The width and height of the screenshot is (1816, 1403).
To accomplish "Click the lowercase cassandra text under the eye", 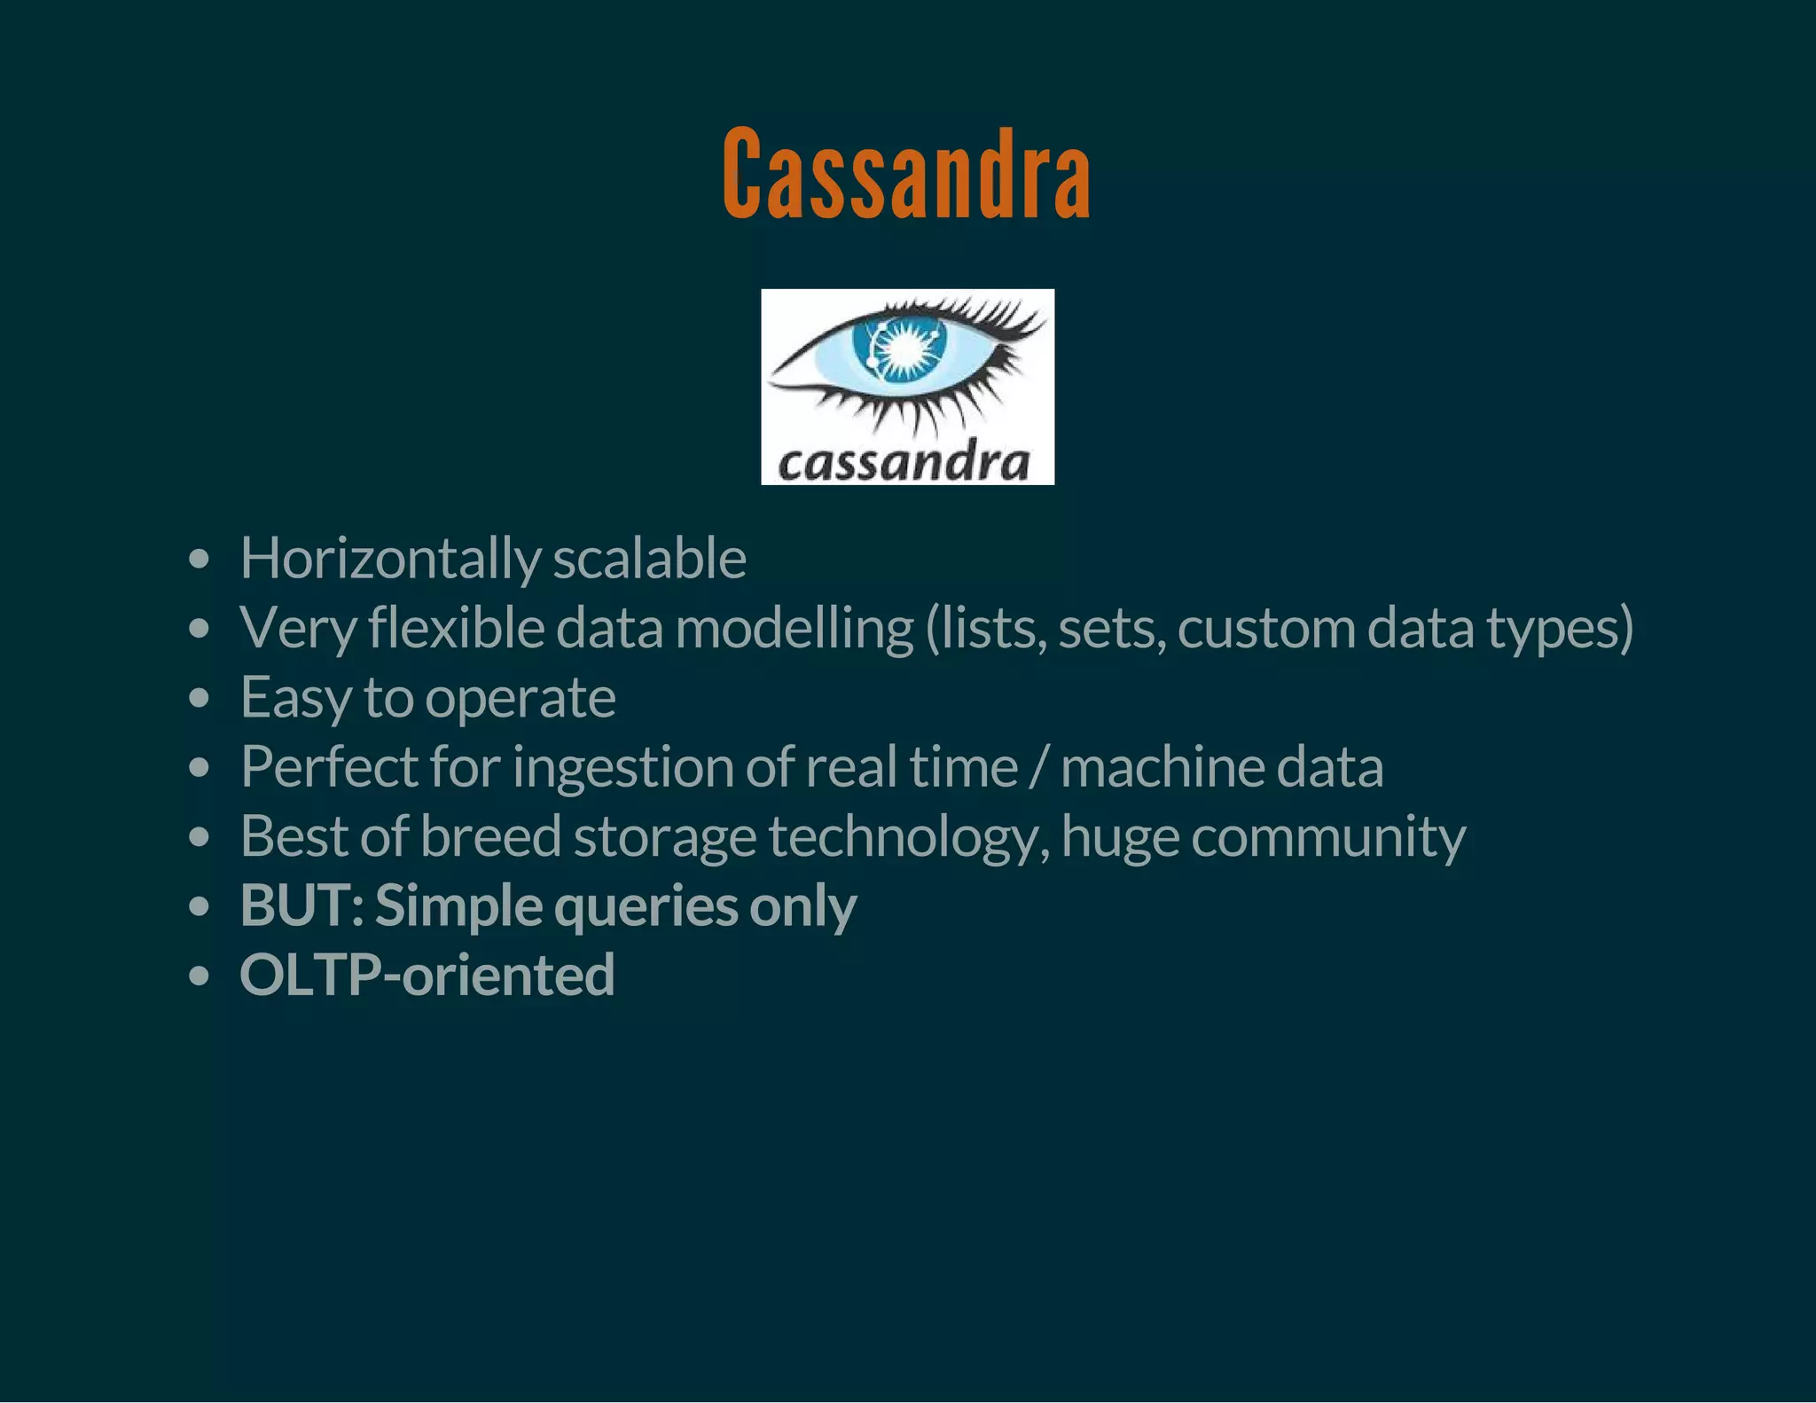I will [x=904, y=462].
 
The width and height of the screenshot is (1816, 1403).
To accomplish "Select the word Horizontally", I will [x=390, y=559].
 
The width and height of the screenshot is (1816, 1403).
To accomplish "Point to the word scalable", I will [x=649, y=559].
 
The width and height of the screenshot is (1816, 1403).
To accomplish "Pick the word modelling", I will [x=794, y=628].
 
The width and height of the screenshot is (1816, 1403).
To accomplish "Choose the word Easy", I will [x=295, y=697].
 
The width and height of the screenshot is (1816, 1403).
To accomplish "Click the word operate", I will [x=520, y=699].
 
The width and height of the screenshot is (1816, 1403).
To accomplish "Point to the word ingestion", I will [x=622, y=768].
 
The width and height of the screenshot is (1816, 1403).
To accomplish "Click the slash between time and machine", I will [x=1037, y=768].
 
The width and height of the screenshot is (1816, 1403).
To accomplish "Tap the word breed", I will [x=490, y=835].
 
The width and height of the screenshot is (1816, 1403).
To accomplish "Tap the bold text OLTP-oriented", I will [x=427, y=975].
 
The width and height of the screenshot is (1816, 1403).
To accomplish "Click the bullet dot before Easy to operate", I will [x=200, y=698].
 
